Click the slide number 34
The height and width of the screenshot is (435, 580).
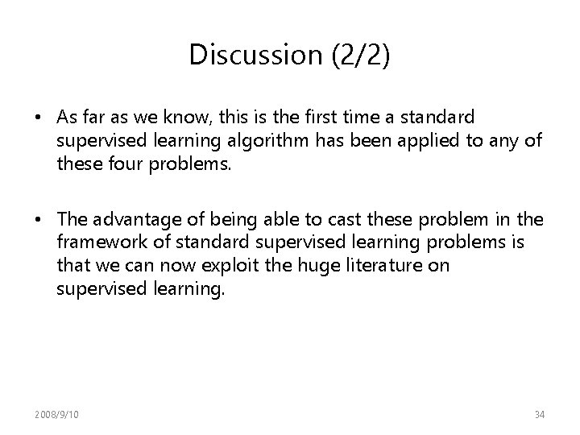pyautogui.click(x=539, y=414)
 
